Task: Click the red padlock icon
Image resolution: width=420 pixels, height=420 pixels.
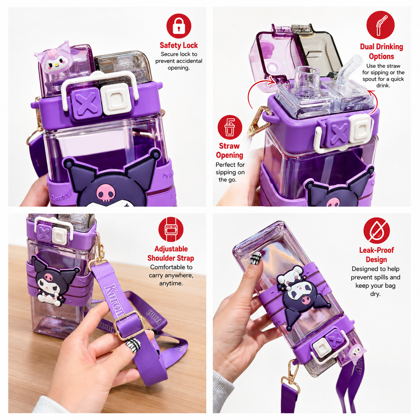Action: pyautogui.click(x=178, y=26)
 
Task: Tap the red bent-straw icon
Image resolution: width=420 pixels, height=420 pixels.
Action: pyautogui.click(x=380, y=25)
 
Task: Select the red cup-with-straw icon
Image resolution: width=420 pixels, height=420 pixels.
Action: pyautogui.click(x=230, y=127)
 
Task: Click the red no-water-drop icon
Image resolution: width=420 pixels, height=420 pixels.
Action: pyautogui.click(x=376, y=230)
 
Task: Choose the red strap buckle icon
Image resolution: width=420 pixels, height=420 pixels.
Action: pyautogui.click(x=171, y=229)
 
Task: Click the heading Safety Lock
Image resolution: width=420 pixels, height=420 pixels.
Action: pyautogui.click(x=178, y=45)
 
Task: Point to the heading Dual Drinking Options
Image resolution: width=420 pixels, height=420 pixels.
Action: pyautogui.click(x=381, y=51)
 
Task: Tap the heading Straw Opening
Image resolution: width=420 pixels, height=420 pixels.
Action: pyautogui.click(x=229, y=150)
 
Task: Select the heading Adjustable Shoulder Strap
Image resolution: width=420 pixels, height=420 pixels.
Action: pyautogui.click(x=171, y=254)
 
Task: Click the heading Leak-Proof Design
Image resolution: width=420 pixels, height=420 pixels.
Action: pyautogui.click(x=376, y=255)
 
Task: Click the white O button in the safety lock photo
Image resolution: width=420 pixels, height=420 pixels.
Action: pyautogui.click(x=117, y=98)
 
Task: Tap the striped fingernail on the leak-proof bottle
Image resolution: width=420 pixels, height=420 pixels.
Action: pyautogui.click(x=255, y=258)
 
